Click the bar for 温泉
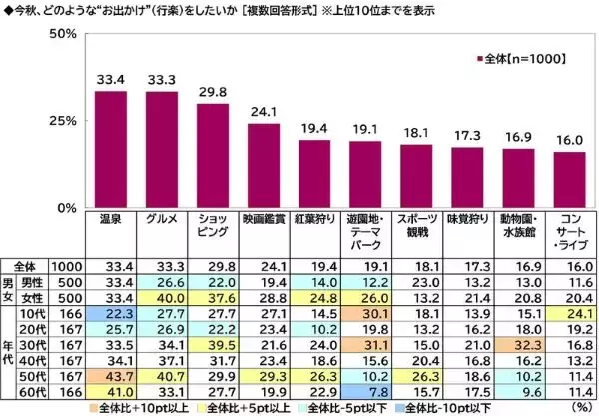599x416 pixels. click(x=110, y=149)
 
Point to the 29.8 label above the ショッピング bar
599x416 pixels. click(x=212, y=93)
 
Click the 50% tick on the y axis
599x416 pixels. click(x=64, y=33)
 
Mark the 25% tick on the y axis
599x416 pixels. click(x=64, y=121)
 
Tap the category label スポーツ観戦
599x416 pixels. click(x=415, y=224)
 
